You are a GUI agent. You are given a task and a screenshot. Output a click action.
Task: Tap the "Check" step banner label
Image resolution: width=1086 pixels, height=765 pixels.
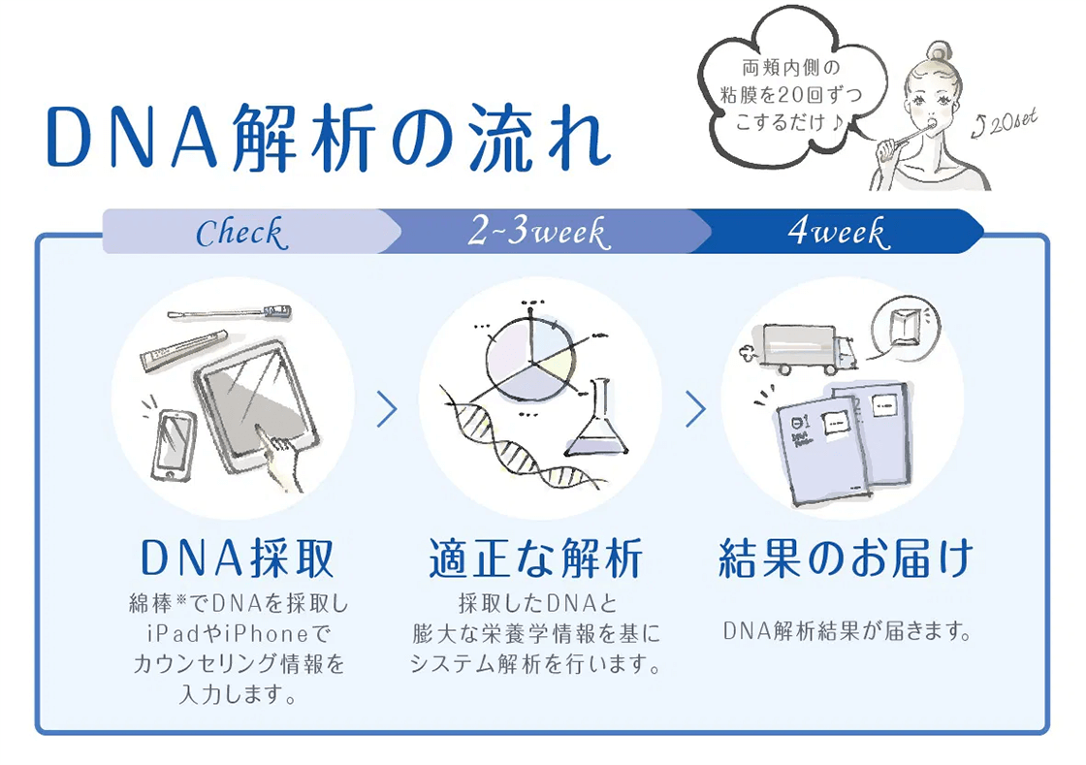click(x=241, y=233)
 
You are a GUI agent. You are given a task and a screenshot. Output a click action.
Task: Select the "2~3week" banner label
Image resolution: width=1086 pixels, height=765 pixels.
click(x=537, y=233)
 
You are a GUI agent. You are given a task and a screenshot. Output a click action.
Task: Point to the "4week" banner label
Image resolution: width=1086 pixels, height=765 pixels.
click(x=837, y=233)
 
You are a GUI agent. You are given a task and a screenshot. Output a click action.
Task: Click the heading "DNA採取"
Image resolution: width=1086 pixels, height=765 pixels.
click(x=239, y=558)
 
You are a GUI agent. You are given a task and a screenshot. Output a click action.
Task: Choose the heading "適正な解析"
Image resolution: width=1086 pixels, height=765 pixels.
click(x=536, y=559)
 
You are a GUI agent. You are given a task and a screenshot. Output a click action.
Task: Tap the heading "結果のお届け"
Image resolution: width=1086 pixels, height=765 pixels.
click(x=846, y=559)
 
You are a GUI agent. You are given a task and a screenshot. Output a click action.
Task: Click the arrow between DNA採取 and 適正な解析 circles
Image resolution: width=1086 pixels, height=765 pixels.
click(x=387, y=409)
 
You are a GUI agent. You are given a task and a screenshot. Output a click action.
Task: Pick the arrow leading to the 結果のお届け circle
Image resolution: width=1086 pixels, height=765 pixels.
click(x=694, y=409)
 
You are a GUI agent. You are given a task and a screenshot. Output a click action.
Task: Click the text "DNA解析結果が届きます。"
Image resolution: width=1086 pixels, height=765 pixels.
click(x=846, y=632)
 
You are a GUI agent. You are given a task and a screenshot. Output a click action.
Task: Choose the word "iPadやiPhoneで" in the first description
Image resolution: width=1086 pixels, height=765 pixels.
click(x=238, y=634)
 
